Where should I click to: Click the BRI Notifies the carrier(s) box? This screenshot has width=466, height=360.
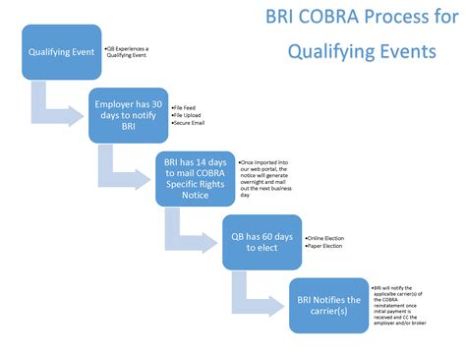coord(328,304)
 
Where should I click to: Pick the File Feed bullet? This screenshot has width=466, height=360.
coord(188,104)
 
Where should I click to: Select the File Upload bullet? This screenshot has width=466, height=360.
coord(190,114)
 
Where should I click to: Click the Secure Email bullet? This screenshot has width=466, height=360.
coord(192,124)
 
